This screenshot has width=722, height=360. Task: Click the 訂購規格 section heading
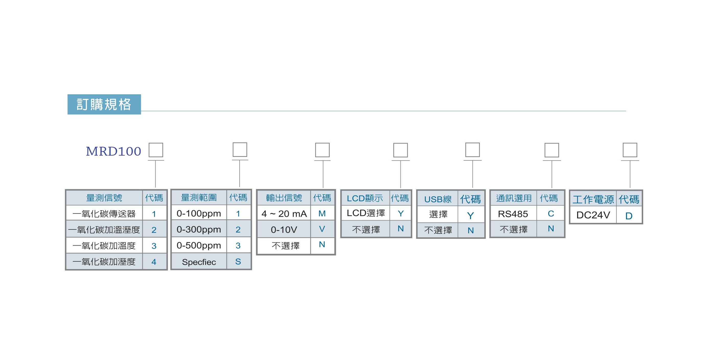[104, 104]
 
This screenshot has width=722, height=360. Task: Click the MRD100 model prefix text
[113, 151]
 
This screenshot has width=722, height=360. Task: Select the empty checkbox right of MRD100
[156, 150]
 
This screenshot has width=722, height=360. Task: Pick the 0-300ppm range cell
[199, 229]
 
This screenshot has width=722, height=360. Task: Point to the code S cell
[238, 262]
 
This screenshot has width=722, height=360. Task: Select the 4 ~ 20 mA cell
[284, 214]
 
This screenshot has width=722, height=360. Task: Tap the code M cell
[322, 214]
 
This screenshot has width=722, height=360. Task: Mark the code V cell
[322, 229]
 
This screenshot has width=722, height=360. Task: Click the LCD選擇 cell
[366, 213]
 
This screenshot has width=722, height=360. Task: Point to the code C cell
[551, 214]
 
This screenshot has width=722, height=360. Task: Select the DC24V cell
[593, 215]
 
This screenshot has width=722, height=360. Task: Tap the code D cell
[629, 216]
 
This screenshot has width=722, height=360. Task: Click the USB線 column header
[438, 199]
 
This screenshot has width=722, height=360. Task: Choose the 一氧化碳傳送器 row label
[104, 214]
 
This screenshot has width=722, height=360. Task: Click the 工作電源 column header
[593, 200]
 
